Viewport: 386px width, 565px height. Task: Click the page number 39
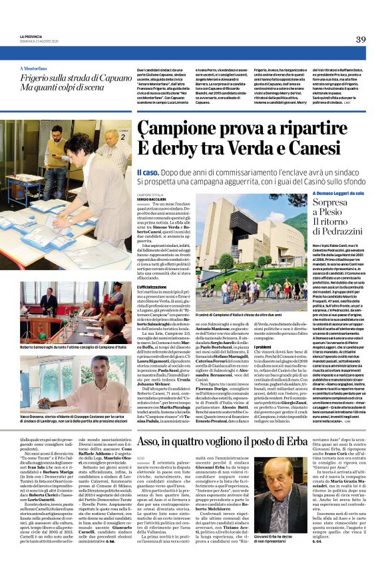point(361,39)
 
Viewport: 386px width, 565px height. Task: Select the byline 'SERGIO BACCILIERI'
point(147,198)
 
